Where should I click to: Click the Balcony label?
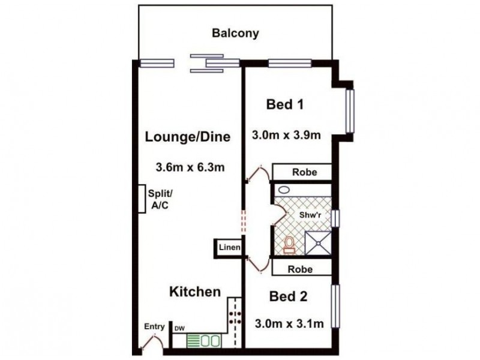235,33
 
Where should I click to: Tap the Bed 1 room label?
284,105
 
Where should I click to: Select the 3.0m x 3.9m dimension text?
286,135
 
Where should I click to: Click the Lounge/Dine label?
188,137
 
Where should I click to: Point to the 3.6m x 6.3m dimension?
190,167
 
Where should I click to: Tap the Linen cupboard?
229,247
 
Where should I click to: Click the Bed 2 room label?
288,296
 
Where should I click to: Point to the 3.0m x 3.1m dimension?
289,325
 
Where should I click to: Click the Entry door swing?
151,342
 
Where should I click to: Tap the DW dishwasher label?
179,329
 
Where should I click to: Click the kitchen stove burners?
234,317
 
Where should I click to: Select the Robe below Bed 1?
302,172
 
